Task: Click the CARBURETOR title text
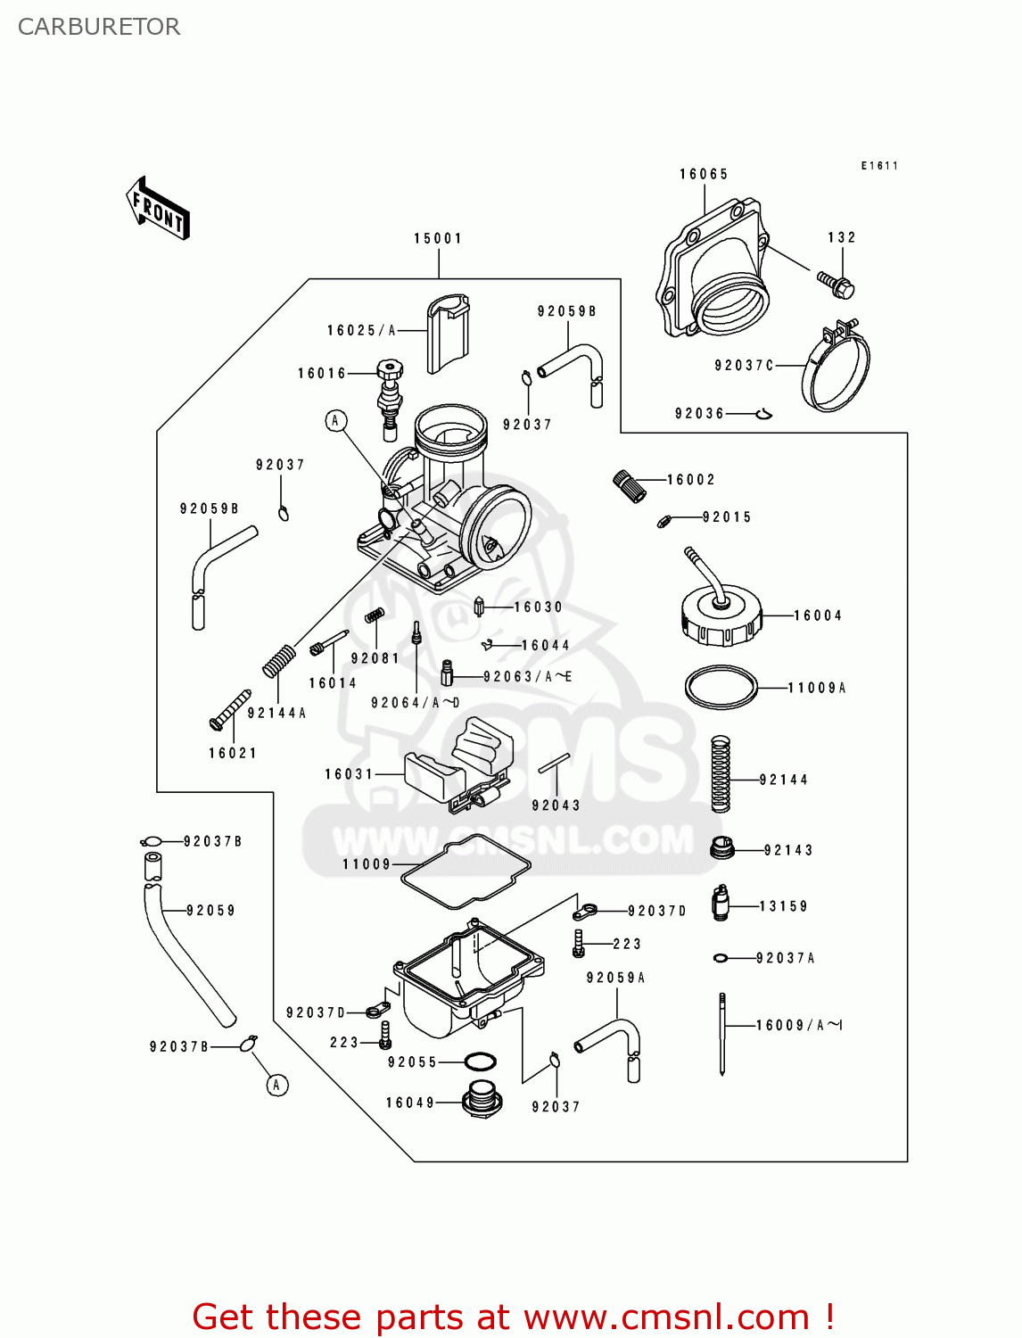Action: (99, 27)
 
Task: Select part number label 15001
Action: (438, 238)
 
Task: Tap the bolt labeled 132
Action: (837, 284)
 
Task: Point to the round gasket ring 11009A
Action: (721, 688)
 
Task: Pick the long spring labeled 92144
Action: (721, 773)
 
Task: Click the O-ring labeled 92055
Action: (480, 1062)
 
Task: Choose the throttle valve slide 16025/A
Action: (448, 334)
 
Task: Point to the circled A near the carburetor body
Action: (336, 420)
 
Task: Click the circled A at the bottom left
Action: (277, 1085)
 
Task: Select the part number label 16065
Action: (704, 174)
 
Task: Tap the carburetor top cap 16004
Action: (721, 614)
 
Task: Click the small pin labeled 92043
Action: (554, 764)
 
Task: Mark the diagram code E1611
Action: (879, 166)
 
